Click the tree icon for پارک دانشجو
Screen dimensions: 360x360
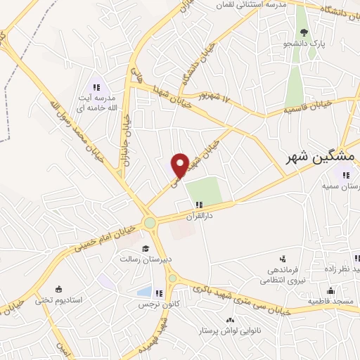click(x=304, y=33)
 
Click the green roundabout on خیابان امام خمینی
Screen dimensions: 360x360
click(x=149, y=224)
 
